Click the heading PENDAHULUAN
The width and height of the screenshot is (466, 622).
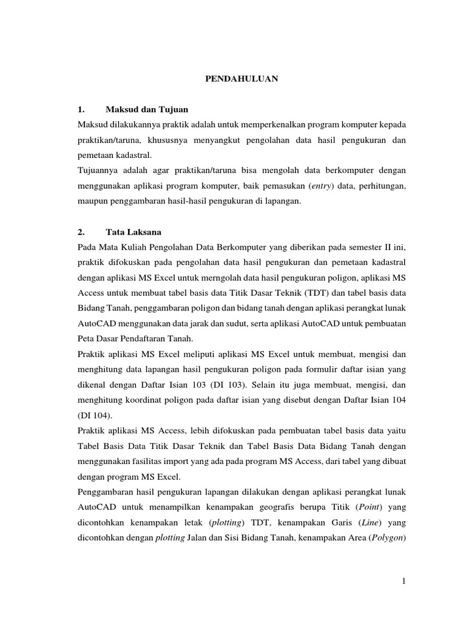240,78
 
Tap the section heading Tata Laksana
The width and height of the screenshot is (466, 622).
133,232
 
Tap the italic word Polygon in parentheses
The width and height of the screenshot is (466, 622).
386,540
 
